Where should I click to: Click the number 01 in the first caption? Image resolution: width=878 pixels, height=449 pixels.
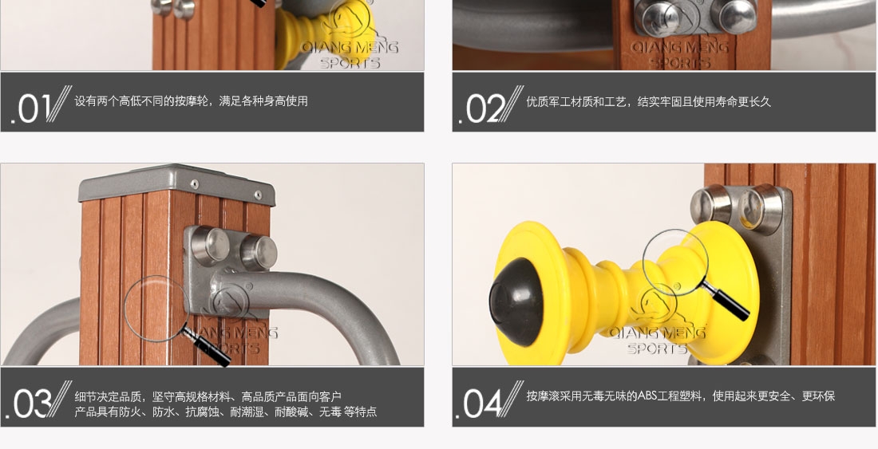click(34, 108)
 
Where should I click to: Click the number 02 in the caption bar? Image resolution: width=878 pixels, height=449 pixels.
click(486, 108)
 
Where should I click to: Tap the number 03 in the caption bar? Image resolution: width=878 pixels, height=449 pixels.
click(33, 404)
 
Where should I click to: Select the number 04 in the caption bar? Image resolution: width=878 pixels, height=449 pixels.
click(483, 404)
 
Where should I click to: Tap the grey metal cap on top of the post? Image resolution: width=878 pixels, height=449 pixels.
click(177, 184)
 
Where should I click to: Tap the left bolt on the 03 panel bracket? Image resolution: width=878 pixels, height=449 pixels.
click(209, 246)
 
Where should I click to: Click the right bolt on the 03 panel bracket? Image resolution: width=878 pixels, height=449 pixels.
click(258, 252)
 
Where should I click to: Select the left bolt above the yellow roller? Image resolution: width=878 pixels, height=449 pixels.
click(710, 203)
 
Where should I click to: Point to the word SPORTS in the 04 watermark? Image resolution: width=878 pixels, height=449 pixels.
click(657, 349)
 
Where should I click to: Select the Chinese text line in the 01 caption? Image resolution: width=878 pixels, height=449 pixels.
click(191, 101)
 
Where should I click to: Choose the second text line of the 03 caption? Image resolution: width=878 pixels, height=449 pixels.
click(226, 412)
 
